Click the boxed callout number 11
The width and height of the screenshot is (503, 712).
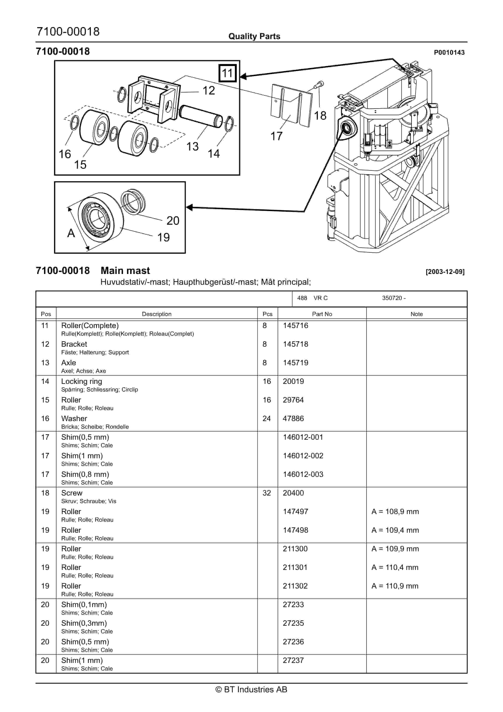[227, 73]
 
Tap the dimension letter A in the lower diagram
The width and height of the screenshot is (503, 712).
[71, 233]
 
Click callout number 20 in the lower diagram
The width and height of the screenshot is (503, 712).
[173, 220]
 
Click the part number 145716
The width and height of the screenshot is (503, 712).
[295, 325]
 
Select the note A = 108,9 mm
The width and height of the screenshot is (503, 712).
[395, 511]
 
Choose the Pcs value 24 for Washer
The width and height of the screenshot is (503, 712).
[266, 418]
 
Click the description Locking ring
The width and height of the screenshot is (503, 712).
[81, 381]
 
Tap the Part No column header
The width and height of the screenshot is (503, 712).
[322, 314]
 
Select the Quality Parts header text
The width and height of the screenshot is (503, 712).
[254, 36]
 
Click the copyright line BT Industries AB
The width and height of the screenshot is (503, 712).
[251, 689]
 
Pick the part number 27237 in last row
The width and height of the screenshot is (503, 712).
[293, 660]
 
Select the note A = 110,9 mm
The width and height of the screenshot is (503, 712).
[395, 586]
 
